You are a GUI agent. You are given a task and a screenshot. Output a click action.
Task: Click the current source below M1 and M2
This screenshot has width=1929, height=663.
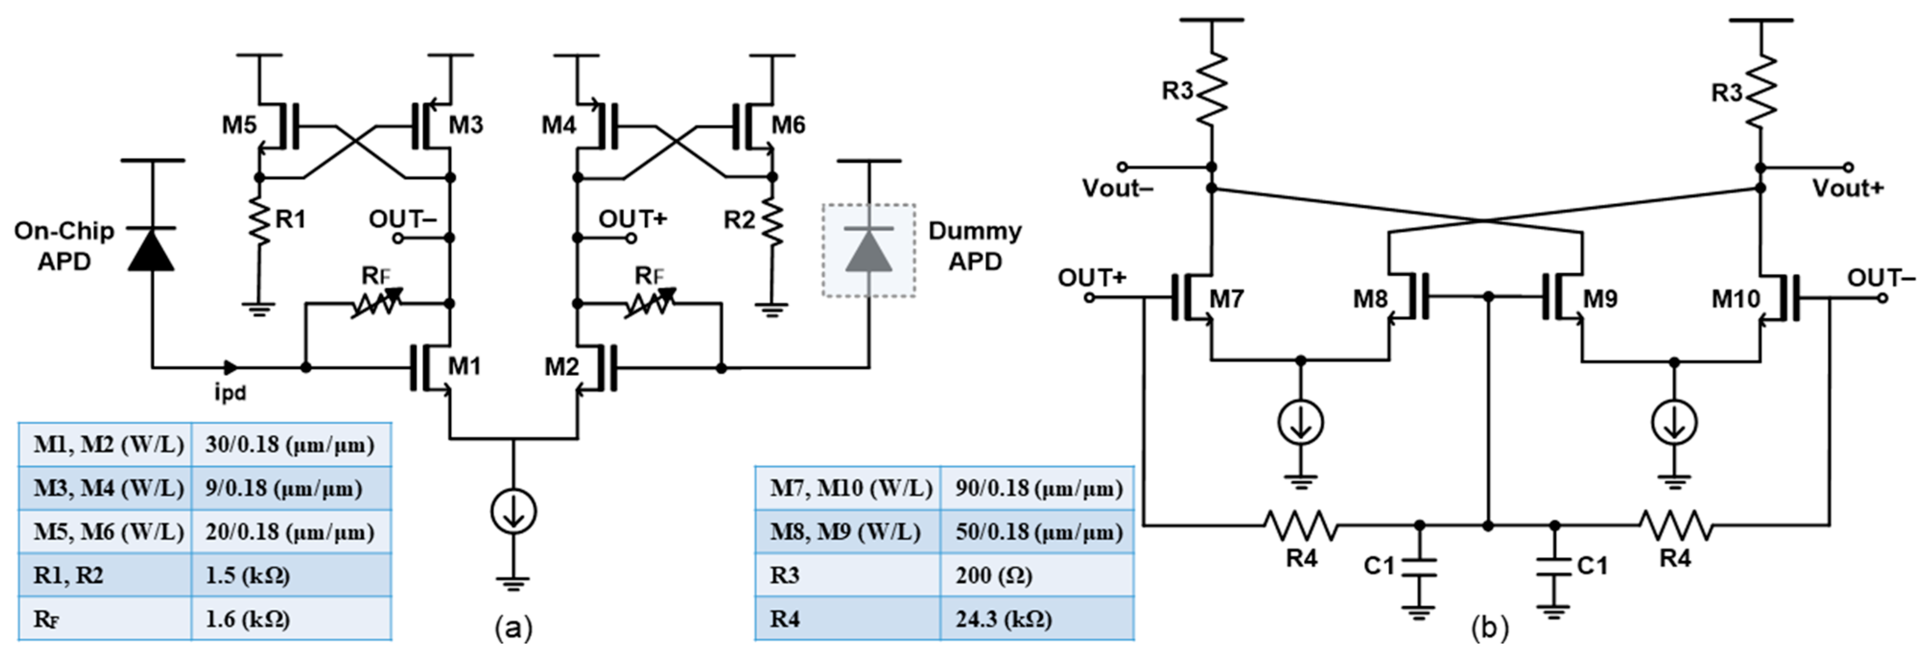tap(513, 512)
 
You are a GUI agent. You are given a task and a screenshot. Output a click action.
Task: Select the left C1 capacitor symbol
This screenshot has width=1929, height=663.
tap(1419, 567)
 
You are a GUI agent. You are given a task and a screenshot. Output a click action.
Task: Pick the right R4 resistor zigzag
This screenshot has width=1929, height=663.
tap(1676, 525)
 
